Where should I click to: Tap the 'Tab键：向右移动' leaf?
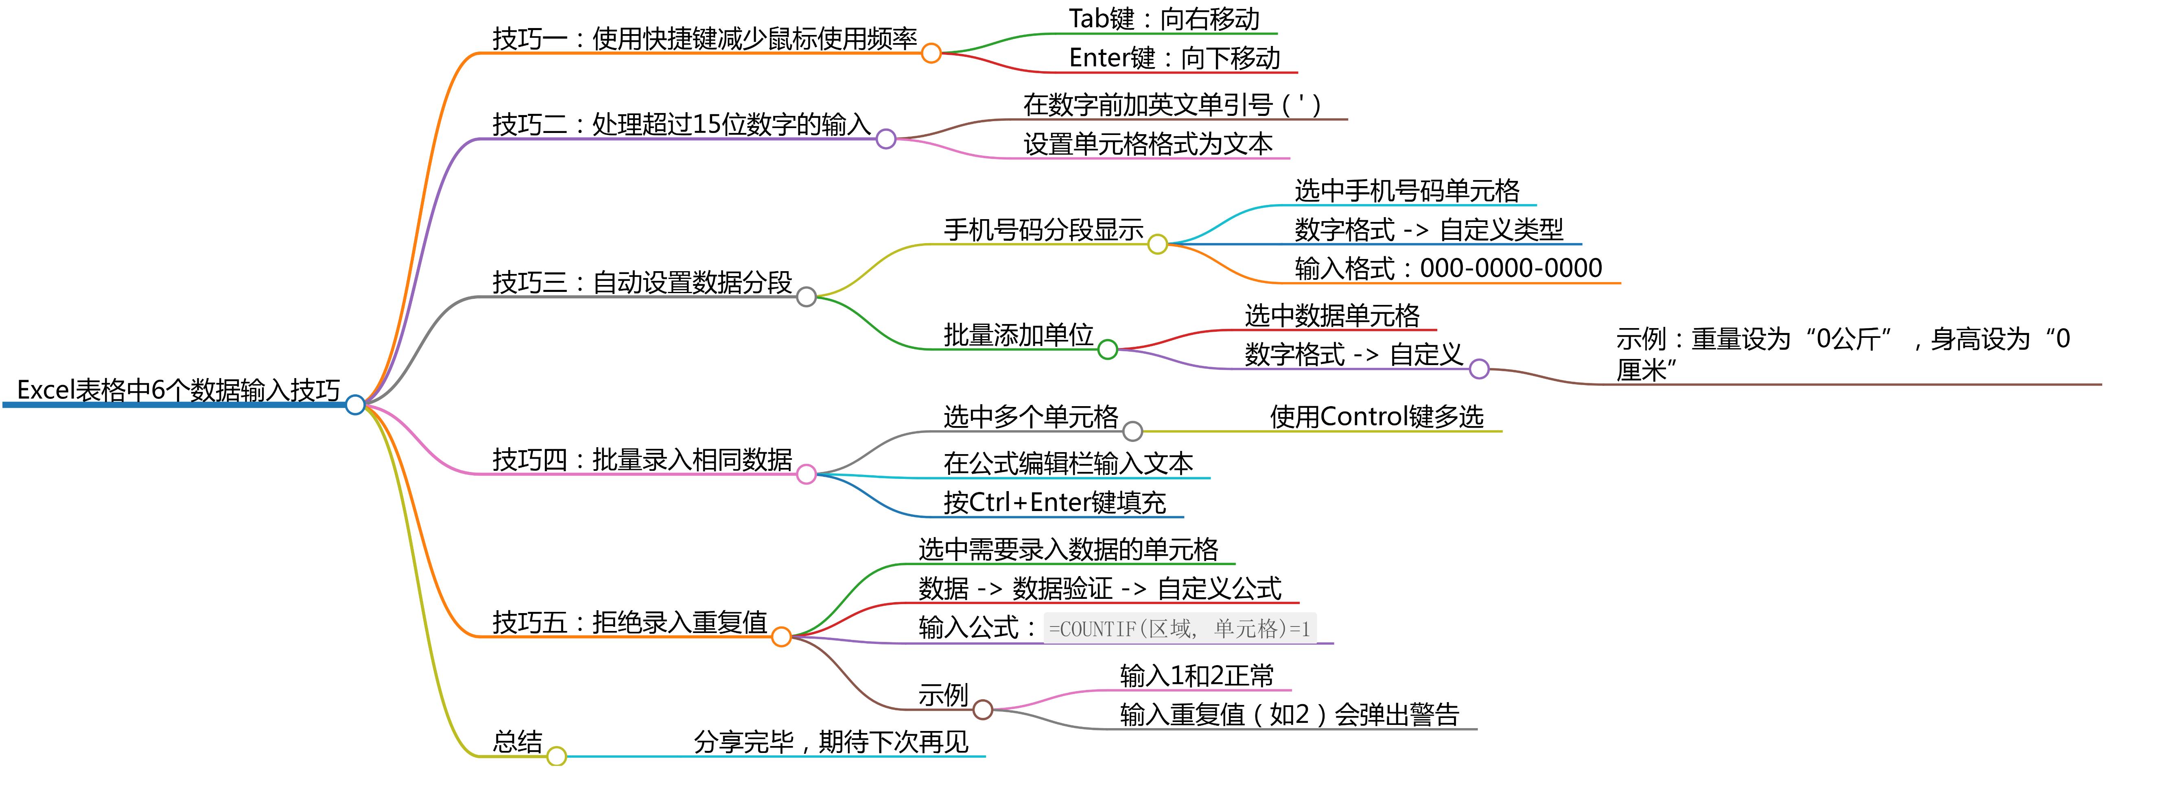[1163, 19]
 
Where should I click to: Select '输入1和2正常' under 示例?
[1196, 676]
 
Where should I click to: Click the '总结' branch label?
[517, 742]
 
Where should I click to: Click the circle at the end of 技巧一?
[931, 53]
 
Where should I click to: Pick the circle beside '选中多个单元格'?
[1133, 431]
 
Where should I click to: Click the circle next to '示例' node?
[983, 709]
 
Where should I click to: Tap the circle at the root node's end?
[355, 405]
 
